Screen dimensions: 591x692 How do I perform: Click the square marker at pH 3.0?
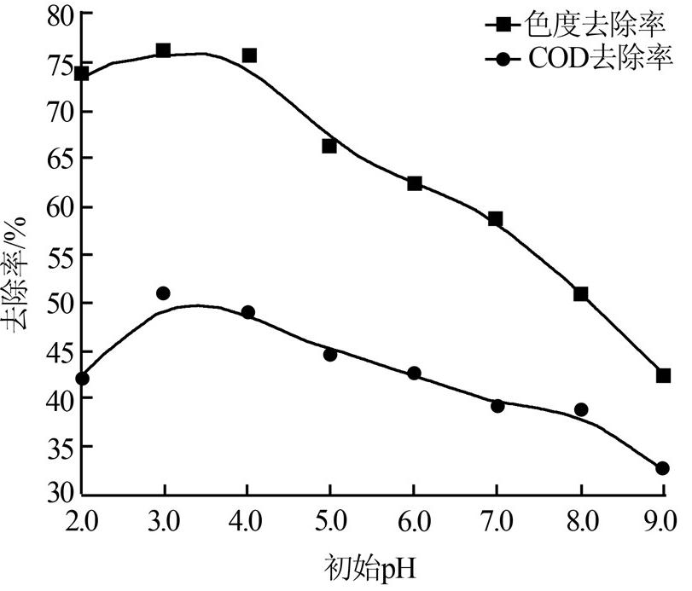[x=163, y=51]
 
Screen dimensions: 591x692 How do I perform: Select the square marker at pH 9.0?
[x=663, y=375]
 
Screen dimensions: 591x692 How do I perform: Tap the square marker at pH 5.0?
[x=329, y=146]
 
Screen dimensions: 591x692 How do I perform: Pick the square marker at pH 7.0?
[x=496, y=219]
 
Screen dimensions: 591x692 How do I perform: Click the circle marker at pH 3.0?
[x=163, y=293]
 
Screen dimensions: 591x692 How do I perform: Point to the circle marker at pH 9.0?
[x=663, y=468]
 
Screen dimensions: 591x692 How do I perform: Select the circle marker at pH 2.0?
[x=82, y=378]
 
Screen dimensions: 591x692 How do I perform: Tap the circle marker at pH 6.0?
[x=414, y=374]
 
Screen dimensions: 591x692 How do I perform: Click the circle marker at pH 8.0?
[x=581, y=409]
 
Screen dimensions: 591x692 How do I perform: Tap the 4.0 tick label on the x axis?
[x=247, y=519]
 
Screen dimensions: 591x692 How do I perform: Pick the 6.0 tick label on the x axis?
[x=414, y=519]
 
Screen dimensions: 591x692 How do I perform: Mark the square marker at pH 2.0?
[x=82, y=74]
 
